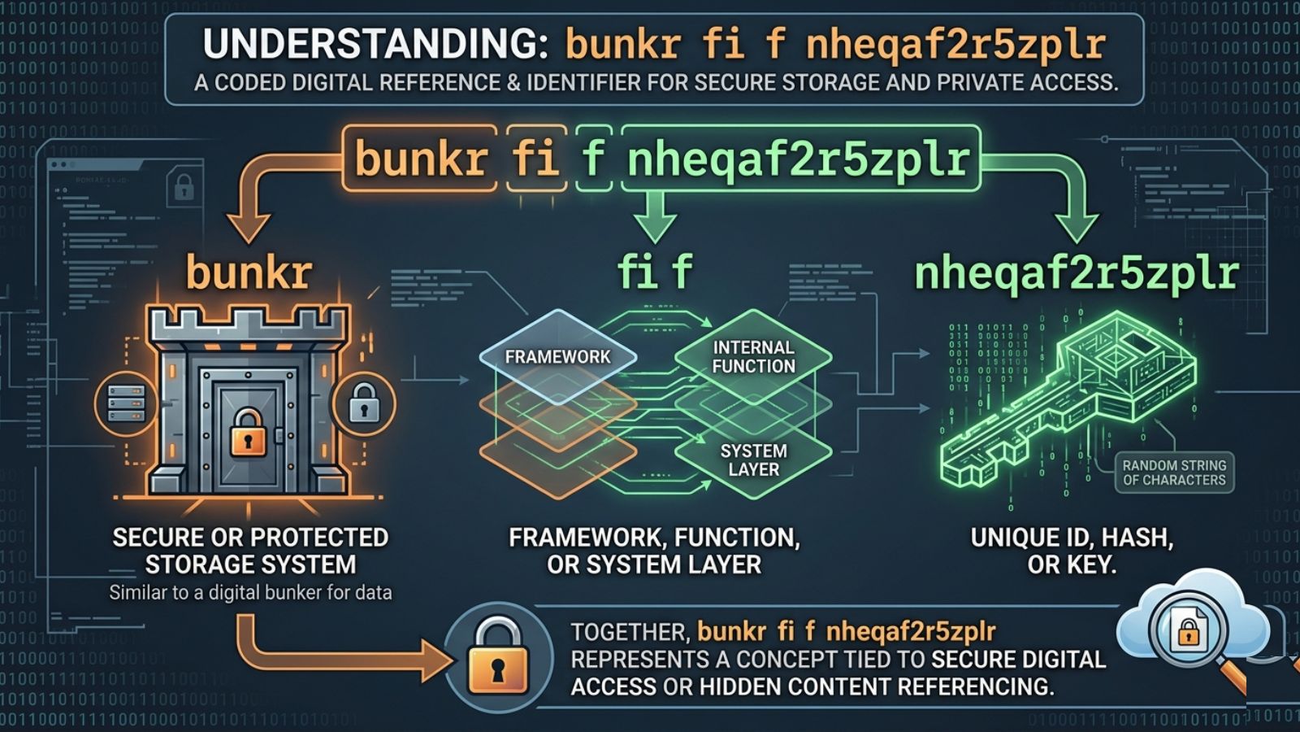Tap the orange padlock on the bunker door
[248, 432]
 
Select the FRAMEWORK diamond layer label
[557, 357]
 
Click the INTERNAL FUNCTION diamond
[753, 357]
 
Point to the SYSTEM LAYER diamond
[753, 460]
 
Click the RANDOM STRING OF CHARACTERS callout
[1173, 473]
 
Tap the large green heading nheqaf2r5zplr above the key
[1076, 273]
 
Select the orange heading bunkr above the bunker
[249, 272]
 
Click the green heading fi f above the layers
[654, 272]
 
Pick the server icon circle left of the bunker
[126, 403]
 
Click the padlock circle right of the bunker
[364, 403]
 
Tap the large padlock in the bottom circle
[497, 656]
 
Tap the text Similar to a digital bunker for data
[250, 592]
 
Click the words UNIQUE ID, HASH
[1072, 538]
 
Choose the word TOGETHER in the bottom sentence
[630, 632]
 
